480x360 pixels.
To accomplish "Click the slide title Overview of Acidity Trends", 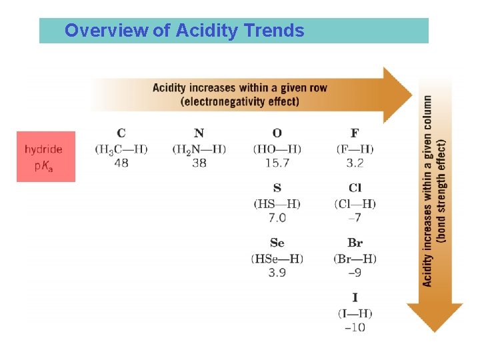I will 185,31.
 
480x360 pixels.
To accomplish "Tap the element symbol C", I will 121,134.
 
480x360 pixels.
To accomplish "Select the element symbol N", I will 199,134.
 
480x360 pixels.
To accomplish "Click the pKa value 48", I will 121,163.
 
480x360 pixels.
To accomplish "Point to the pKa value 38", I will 199,163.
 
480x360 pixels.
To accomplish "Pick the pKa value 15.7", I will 277,163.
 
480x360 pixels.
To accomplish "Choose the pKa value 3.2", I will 355,163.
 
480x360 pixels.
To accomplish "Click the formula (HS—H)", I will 277,203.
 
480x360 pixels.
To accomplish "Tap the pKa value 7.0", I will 277,218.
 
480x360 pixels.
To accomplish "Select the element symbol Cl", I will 355,189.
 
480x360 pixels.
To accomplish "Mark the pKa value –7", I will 355,218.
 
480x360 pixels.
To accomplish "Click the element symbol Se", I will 277,243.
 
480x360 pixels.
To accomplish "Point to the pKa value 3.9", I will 277,273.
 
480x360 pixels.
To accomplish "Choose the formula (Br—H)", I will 355,258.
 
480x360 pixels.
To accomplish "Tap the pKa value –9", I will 355,273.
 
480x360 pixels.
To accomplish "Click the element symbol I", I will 355,298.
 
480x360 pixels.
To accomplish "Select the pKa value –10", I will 355,327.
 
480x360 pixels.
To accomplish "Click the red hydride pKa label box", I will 45,157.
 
